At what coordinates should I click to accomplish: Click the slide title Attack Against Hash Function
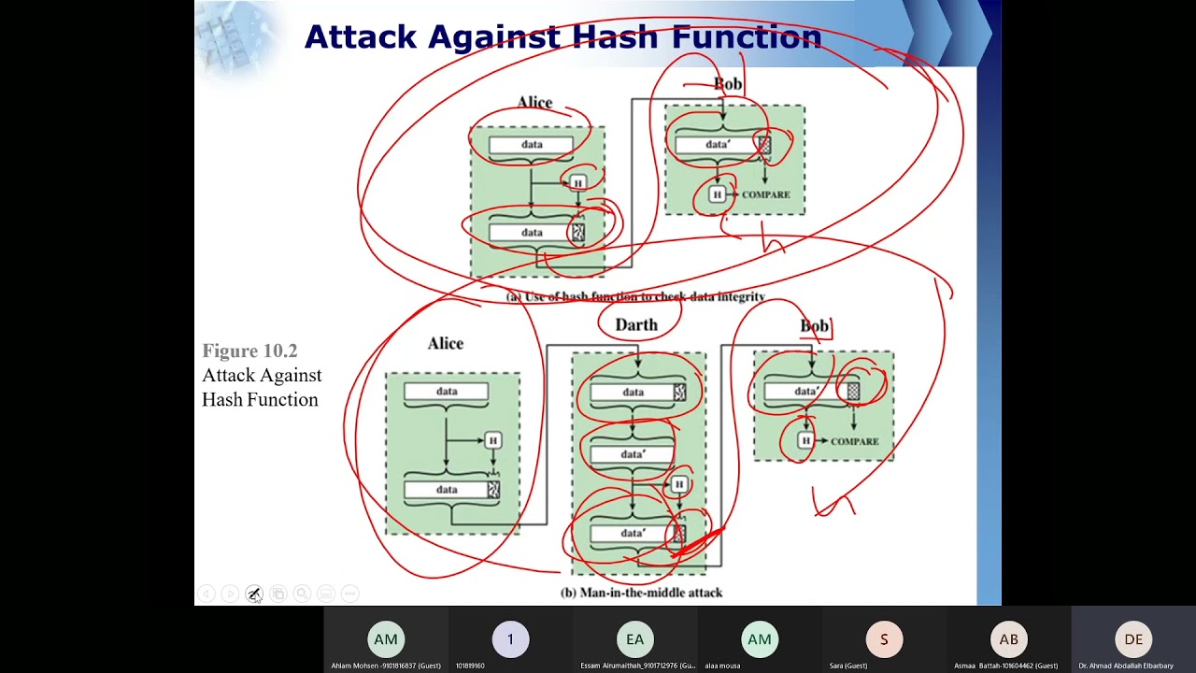coord(562,36)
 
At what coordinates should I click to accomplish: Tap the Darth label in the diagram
coord(636,324)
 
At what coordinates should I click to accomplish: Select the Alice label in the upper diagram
coord(534,102)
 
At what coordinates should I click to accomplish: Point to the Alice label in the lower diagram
coord(446,343)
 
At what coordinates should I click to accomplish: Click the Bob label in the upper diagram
coord(728,84)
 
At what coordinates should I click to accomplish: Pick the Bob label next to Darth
coord(814,325)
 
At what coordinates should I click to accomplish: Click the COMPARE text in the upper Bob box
coord(766,194)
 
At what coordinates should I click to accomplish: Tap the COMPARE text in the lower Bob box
coord(854,441)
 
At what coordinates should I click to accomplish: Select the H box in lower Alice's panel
coord(492,440)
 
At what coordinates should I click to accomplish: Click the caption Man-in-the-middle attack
coord(641,593)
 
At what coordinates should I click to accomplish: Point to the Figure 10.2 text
coord(249,351)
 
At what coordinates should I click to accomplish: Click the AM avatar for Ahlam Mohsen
coord(386,639)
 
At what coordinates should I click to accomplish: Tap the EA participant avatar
coord(635,639)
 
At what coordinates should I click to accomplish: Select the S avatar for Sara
coord(884,639)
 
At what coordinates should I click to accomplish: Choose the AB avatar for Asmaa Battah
coord(1009,639)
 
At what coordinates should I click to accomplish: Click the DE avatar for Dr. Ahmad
coord(1133,639)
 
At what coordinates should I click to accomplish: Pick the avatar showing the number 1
coord(510,639)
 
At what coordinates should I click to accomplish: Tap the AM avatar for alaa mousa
coord(760,639)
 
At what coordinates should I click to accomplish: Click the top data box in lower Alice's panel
coord(447,392)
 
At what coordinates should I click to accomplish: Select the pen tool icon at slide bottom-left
coord(253,594)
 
